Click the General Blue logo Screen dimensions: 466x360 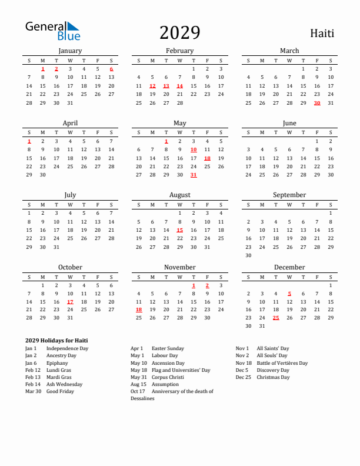[52, 31]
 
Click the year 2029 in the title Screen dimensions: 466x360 [179, 33]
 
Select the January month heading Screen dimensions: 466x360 [70, 51]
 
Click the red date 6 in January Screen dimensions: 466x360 [111, 69]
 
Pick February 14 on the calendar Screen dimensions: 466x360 [179, 86]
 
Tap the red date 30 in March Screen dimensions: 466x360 [317, 103]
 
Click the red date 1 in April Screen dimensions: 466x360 [29, 141]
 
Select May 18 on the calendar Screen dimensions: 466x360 [207, 158]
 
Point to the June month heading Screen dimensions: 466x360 [289, 124]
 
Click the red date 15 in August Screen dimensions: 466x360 [179, 230]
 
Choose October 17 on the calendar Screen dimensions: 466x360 [70, 301]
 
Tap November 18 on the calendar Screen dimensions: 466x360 [139, 309]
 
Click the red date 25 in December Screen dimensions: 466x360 [276, 318]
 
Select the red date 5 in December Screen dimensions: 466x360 [289, 293]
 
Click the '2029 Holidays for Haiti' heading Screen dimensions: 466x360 [56, 340]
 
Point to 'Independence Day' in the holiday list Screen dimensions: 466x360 [67, 348]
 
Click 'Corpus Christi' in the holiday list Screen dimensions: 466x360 [168, 377]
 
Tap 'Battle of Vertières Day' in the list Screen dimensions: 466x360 [282, 363]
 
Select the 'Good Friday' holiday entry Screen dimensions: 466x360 [60, 391]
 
